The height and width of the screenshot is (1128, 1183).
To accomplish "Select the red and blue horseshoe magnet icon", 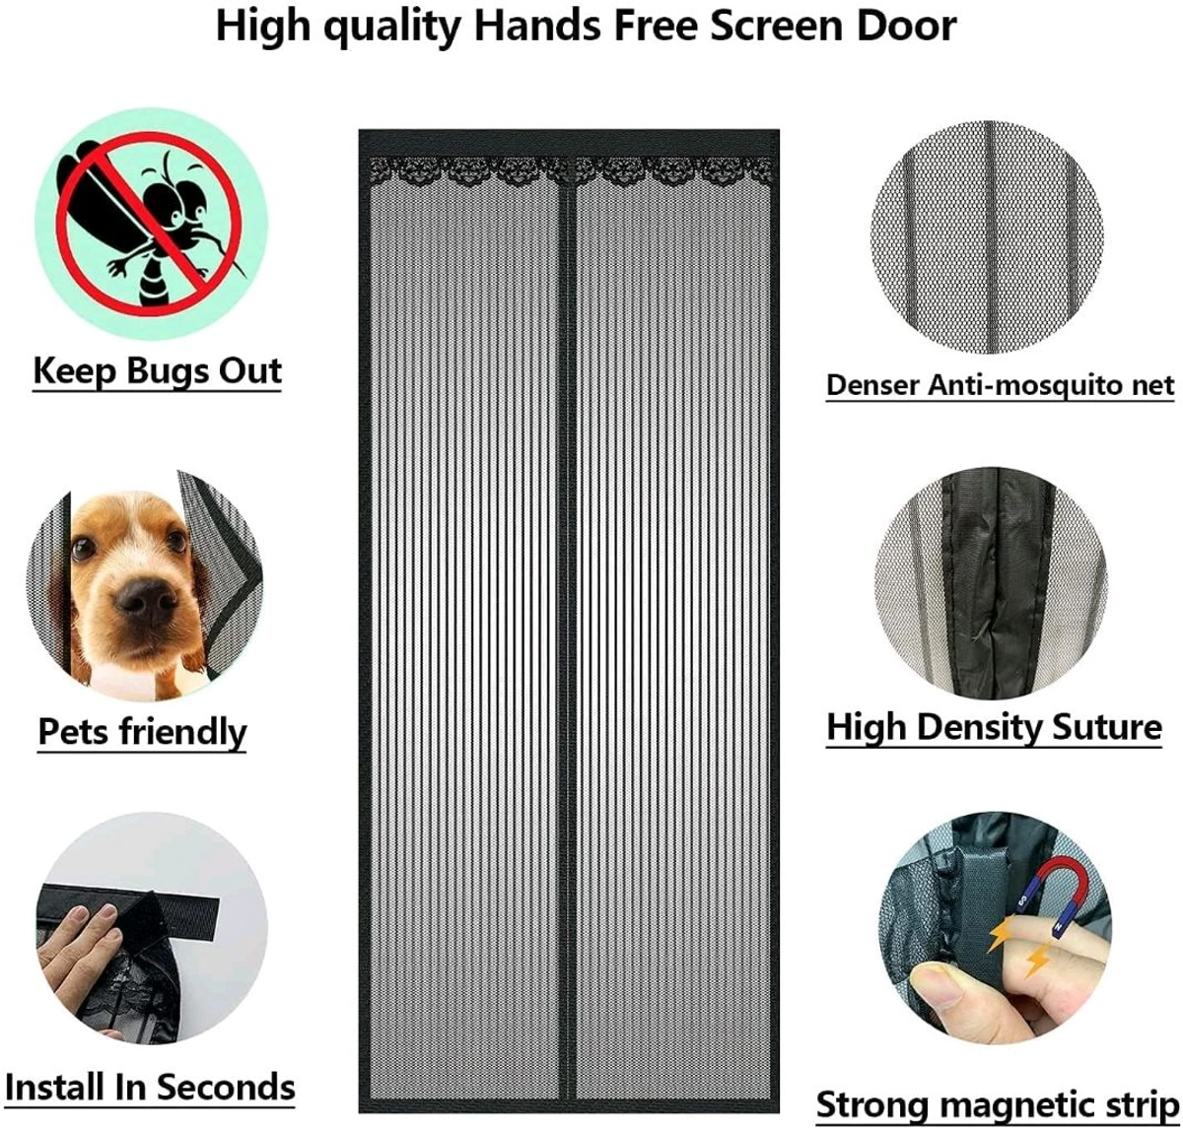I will [x=1051, y=893].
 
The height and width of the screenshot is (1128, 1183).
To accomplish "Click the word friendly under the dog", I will [x=182, y=732].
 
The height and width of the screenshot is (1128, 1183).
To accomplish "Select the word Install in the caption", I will [x=55, y=1087].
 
